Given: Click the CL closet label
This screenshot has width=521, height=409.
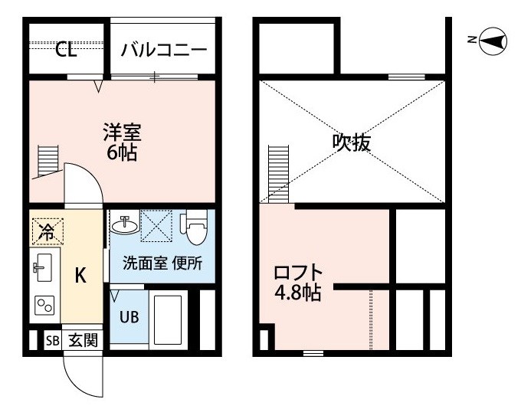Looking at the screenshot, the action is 66,50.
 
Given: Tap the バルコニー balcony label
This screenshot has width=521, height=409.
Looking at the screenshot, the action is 164,50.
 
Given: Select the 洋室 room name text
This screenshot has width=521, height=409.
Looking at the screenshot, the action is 123,132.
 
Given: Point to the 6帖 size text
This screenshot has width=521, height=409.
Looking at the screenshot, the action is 122,152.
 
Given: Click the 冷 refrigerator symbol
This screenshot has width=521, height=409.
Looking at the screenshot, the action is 48,231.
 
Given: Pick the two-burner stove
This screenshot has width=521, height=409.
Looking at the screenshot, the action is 44,306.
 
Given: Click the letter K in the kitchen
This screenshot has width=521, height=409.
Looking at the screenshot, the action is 80,275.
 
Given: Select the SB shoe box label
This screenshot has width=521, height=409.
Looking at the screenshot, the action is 53,341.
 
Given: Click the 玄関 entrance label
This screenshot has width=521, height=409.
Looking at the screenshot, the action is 83,341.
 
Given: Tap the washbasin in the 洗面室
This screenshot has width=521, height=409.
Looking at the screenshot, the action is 125,225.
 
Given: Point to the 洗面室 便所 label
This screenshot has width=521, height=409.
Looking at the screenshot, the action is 162,263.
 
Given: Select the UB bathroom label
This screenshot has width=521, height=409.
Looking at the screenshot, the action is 129,316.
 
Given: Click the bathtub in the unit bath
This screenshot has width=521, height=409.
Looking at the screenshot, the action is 169,320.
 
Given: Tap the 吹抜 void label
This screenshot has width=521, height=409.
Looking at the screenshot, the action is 351,142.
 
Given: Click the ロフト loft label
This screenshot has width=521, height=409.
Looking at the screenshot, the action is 298,273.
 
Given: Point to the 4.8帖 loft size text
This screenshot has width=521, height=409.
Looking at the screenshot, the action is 298,293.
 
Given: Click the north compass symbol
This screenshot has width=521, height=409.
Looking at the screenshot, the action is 493,41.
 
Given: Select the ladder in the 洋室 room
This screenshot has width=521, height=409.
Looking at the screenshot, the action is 48,161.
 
